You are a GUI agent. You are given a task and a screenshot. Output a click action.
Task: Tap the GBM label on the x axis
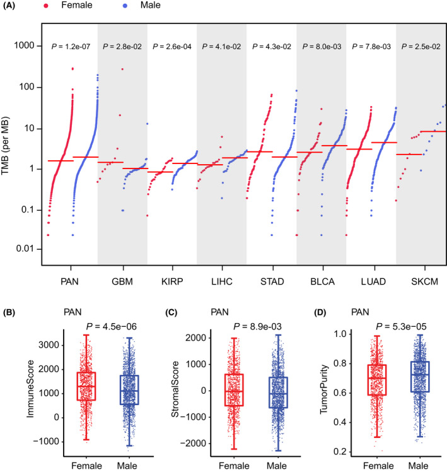point(122,278)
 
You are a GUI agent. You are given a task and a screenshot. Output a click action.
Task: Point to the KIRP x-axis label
point(172,278)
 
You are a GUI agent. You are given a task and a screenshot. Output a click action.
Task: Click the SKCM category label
point(421,278)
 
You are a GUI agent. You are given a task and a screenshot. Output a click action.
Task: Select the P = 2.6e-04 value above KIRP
point(172,47)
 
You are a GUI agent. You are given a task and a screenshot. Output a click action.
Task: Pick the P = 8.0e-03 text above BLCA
point(322,47)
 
